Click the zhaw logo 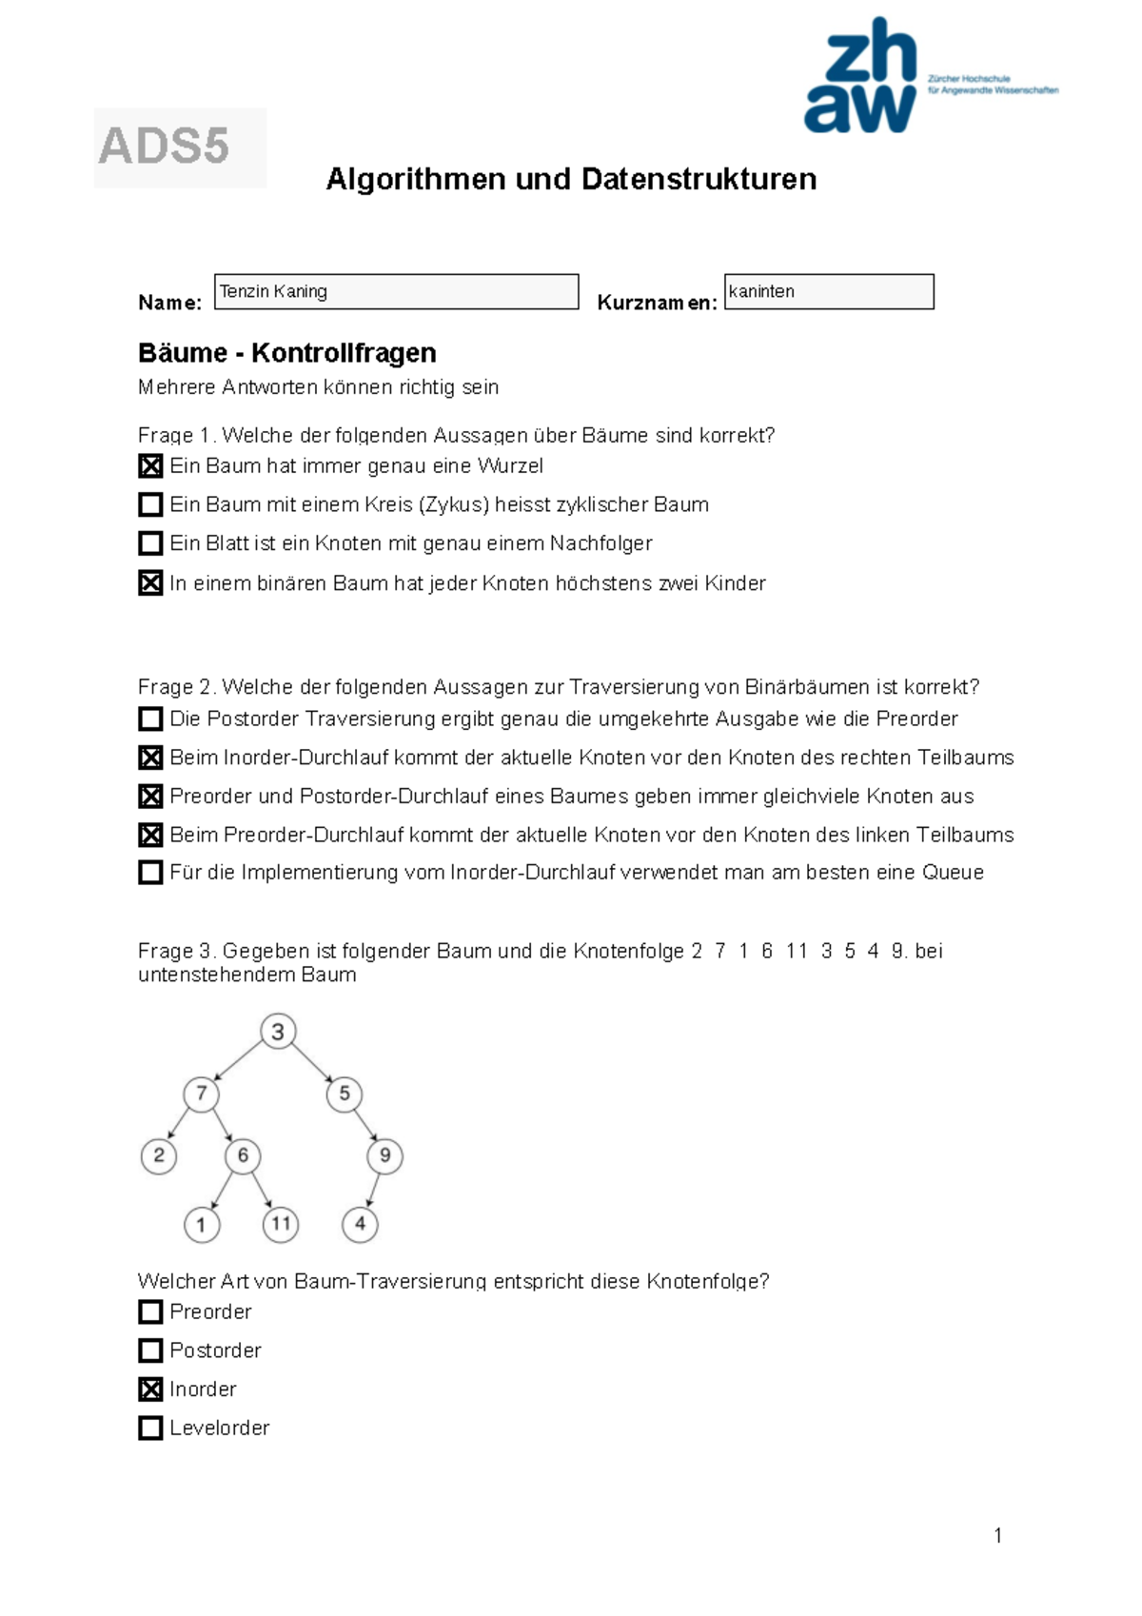tap(861, 76)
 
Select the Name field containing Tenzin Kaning tap(396, 291)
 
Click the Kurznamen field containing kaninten tap(829, 291)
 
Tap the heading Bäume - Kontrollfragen tap(286, 353)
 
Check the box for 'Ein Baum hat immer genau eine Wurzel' tap(150, 466)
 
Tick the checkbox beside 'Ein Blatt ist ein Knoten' tap(150, 543)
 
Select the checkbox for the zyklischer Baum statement tap(150, 504)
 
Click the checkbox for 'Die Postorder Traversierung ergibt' tap(150, 719)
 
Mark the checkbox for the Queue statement tap(150, 873)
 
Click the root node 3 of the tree tap(278, 1032)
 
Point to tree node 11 tap(281, 1224)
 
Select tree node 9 tap(384, 1155)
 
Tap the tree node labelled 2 tap(159, 1155)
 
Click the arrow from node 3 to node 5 tap(312, 1063)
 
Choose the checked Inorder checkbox tap(150, 1389)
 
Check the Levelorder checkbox tap(150, 1429)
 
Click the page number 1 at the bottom tap(997, 1535)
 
